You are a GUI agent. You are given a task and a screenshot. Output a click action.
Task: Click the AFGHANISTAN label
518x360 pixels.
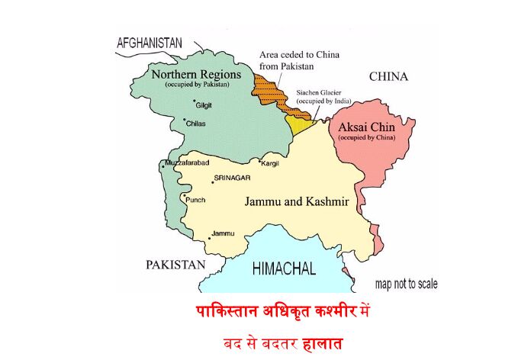(149, 43)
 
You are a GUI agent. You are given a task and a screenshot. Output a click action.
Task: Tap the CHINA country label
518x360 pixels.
(388, 76)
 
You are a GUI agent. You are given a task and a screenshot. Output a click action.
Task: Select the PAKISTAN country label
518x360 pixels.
(175, 265)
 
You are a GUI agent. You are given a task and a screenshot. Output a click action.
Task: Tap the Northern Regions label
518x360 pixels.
(196, 75)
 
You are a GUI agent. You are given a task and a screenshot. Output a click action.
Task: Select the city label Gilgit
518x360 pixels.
(204, 105)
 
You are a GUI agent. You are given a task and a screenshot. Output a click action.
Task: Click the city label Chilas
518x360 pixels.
(195, 123)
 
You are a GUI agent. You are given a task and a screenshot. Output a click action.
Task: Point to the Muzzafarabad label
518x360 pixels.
(187, 163)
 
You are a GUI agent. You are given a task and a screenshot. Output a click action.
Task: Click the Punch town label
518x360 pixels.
(195, 200)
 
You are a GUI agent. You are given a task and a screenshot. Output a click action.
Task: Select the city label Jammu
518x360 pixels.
(223, 233)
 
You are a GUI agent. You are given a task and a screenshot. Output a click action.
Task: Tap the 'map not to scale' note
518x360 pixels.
(406, 284)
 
